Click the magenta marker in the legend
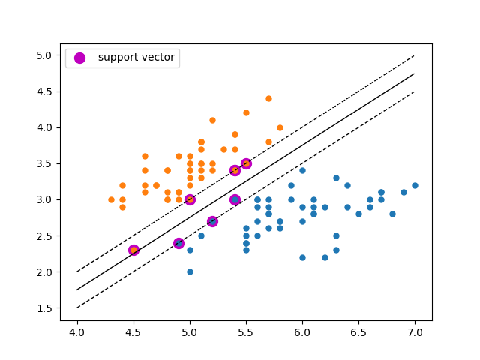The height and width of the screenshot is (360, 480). click(x=79, y=58)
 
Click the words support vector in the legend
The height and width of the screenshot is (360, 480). click(x=136, y=58)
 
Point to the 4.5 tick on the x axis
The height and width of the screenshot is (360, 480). click(x=133, y=321)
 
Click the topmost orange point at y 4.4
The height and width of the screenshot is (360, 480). click(x=268, y=98)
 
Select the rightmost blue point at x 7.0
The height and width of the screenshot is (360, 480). click(x=415, y=185)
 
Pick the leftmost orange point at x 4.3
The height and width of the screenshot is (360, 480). click(x=111, y=199)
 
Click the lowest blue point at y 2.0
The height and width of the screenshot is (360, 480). click(x=190, y=271)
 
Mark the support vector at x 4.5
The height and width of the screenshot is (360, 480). click(x=133, y=250)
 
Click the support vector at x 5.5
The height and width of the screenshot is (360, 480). click(x=246, y=163)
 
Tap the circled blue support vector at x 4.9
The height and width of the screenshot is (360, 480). click(x=178, y=243)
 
